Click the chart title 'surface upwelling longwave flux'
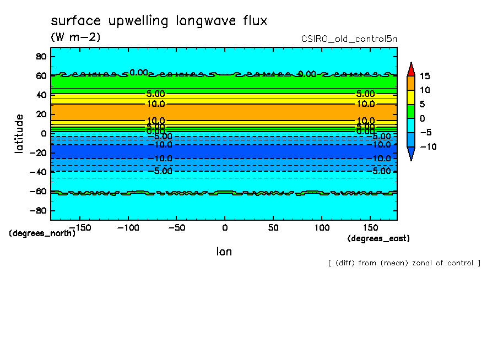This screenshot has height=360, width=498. click(x=159, y=21)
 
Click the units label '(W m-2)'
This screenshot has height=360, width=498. click(x=75, y=37)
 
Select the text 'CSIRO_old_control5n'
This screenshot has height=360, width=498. click(x=349, y=39)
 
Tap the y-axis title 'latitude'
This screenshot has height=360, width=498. click(x=19, y=133)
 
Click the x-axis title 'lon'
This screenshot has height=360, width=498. click(x=224, y=252)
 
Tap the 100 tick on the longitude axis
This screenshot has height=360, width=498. click(x=322, y=227)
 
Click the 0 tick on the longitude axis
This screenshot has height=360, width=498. click(x=224, y=227)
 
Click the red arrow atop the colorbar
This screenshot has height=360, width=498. click(x=410, y=69)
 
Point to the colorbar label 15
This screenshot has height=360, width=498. click(x=424, y=76)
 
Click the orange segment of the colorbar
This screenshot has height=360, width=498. click(x=410, y=83)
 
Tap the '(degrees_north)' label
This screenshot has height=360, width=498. click(x=42, y=233)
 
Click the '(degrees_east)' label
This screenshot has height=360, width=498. click(x=378, y=238)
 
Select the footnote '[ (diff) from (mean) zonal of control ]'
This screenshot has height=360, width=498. click(x=404, y=263)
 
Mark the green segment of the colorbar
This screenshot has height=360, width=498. click(x=410, y=111)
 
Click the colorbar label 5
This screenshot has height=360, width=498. click(x=422, y=104)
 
